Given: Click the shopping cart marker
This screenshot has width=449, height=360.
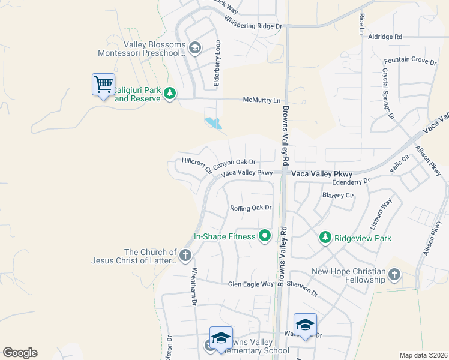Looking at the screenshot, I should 103,85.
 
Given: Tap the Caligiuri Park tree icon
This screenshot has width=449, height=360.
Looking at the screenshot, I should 170,93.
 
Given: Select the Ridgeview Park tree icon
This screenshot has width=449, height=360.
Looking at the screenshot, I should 325,238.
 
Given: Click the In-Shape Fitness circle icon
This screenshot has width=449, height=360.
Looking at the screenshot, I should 264,236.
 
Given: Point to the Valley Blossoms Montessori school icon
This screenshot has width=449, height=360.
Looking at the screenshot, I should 194,48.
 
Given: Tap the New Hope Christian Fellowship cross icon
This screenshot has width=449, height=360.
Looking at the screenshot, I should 394,275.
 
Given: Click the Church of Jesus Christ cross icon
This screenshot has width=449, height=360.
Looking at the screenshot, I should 185,256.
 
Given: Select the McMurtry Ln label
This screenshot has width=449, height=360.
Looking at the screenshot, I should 261,100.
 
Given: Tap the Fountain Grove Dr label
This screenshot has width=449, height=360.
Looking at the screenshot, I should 410,61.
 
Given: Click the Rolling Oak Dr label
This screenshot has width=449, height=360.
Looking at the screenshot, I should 251,208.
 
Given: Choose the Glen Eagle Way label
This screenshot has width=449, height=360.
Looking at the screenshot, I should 250,284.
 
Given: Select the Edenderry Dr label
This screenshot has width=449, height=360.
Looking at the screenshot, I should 351,180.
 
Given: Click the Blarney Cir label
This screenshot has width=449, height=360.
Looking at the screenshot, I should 338,194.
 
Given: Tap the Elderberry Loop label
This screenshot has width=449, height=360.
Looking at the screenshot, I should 218,62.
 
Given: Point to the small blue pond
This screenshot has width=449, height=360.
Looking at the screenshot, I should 213,123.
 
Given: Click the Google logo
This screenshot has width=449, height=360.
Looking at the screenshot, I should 20,353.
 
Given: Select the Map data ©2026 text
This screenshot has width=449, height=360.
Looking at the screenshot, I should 423,355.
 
